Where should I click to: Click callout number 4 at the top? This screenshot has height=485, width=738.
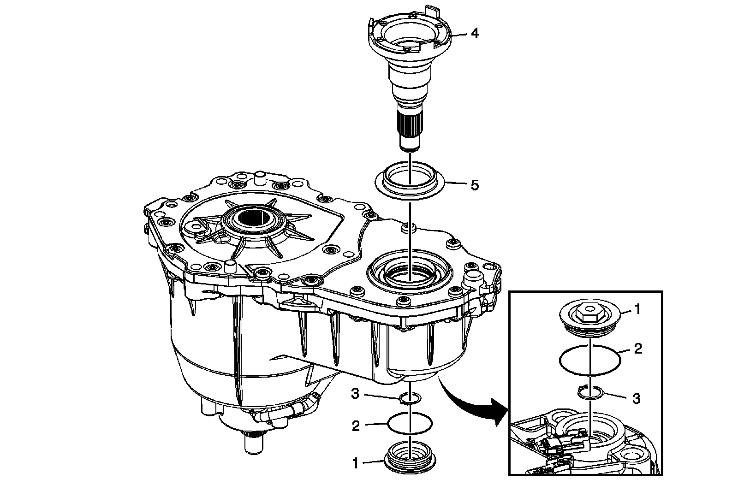click(474, 34)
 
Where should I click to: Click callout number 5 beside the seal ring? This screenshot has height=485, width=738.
click(475, 185)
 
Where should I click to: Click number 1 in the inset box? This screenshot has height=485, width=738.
click(637, 309)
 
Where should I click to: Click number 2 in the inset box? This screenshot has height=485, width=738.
click(638, 349)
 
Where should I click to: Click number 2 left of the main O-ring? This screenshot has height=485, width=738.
click(355, 426)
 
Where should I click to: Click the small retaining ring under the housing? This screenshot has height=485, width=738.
click(409, 398)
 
